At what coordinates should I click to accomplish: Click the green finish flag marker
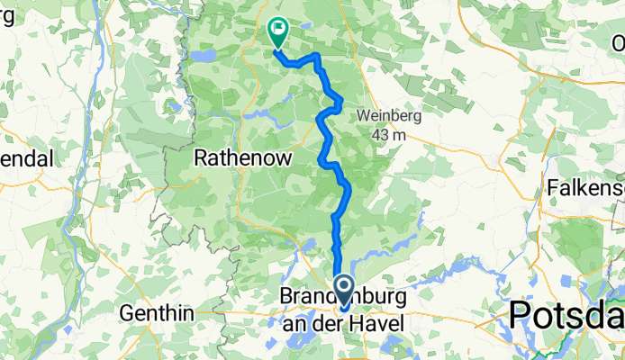277,32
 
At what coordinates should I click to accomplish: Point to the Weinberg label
389,115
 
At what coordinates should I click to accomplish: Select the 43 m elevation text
389,134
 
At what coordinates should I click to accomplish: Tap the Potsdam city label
566,315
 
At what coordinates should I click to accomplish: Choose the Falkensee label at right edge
585,188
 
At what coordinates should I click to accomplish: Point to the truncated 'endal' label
27,159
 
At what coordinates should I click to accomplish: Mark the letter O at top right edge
618,42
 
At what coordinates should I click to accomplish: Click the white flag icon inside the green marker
277,29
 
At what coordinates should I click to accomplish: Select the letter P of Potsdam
521,315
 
